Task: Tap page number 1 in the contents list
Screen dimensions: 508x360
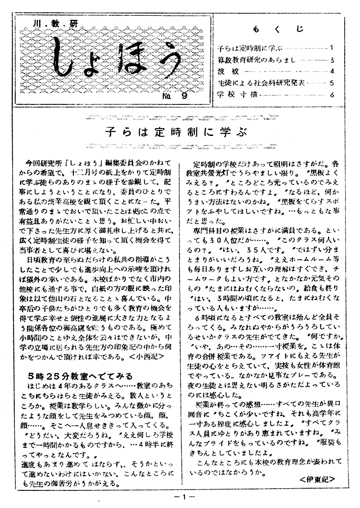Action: (331, 47)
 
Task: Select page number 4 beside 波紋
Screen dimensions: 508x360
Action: (331, 71)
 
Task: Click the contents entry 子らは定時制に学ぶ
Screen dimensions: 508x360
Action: (242, 47)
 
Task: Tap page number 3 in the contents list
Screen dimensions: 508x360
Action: (331, 59)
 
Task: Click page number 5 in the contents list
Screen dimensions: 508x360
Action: (331, 83)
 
